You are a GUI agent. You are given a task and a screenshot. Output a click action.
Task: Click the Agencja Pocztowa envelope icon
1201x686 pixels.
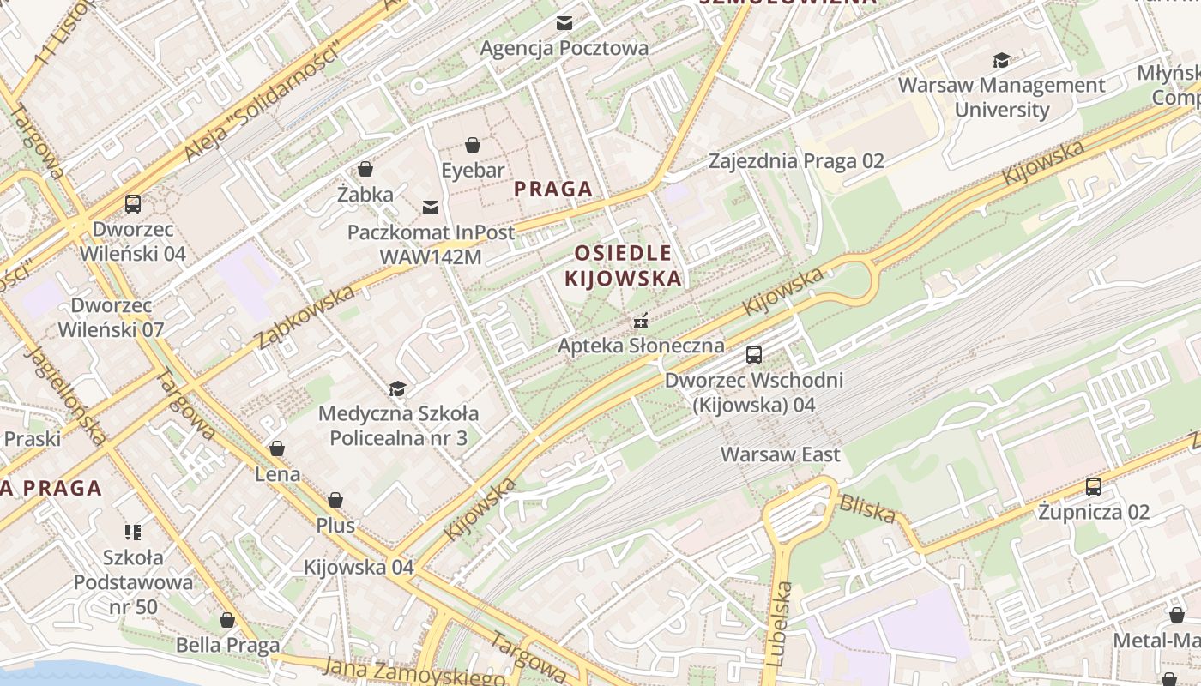coord(564,23)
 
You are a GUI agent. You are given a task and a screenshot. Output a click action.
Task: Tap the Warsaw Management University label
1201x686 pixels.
coord(1001,97)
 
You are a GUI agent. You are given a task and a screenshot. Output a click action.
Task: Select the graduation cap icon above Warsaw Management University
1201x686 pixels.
coord(1001,60)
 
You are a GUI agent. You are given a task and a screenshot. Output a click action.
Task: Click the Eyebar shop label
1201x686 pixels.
coord(473,171)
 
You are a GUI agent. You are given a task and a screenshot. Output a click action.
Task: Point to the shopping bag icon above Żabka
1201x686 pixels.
coord(365,169)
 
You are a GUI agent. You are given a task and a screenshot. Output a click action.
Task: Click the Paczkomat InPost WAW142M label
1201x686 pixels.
coord(431,244)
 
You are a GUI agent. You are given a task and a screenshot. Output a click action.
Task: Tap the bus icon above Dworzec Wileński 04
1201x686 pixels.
coord(133,204)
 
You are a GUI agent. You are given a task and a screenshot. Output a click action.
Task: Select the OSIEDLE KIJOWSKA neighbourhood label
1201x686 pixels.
coord(624,265)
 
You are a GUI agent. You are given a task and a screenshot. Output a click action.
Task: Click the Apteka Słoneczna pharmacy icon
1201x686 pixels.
coord(640,322)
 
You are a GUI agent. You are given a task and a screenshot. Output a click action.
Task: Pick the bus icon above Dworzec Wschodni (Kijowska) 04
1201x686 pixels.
coord(754,354)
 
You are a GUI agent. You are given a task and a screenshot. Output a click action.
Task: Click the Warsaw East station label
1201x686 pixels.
coord(781,454)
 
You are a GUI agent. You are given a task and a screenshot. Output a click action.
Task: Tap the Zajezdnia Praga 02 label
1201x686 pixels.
coord(796,161)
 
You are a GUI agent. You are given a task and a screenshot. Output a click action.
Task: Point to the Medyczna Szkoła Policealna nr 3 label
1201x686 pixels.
coord(398,425)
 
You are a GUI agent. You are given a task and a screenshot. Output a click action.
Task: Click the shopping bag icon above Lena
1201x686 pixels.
coord(277,448)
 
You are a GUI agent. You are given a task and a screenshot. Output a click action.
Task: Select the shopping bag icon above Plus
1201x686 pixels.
coord(335,500)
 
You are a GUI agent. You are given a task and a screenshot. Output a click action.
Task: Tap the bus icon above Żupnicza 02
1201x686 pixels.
coord(1094,487)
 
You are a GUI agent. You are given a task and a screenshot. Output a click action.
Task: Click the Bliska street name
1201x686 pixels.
coord(867,509)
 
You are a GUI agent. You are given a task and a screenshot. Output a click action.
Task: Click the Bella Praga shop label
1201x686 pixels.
coord(227,645)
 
